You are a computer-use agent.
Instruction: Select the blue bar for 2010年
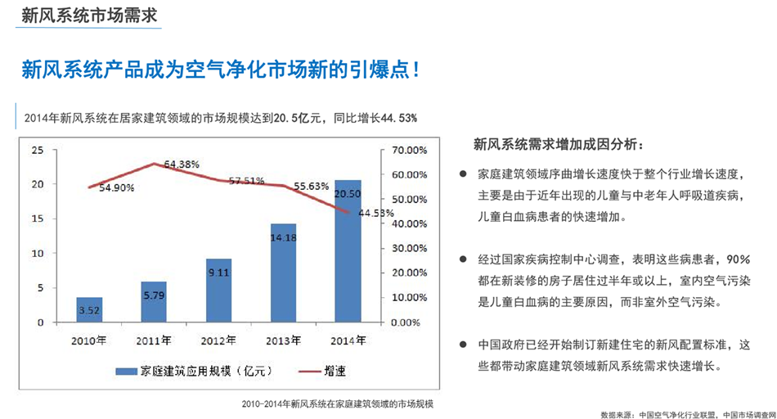click(x=89, y=310)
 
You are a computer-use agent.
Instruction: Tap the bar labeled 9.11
click(x=218, y=291)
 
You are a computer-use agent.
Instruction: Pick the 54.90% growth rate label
click(x=117, y=187)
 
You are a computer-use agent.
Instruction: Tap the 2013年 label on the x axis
click(x=283, y=339)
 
